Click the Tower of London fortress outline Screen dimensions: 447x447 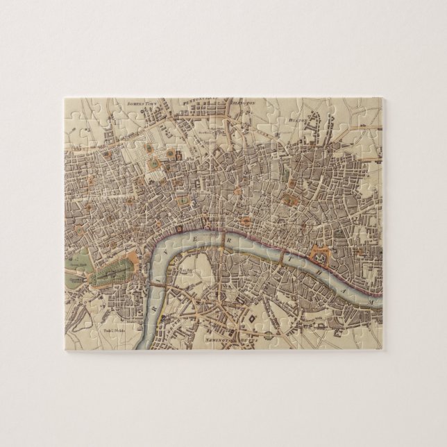(320, 255)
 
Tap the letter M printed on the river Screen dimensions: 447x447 (373, 303)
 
